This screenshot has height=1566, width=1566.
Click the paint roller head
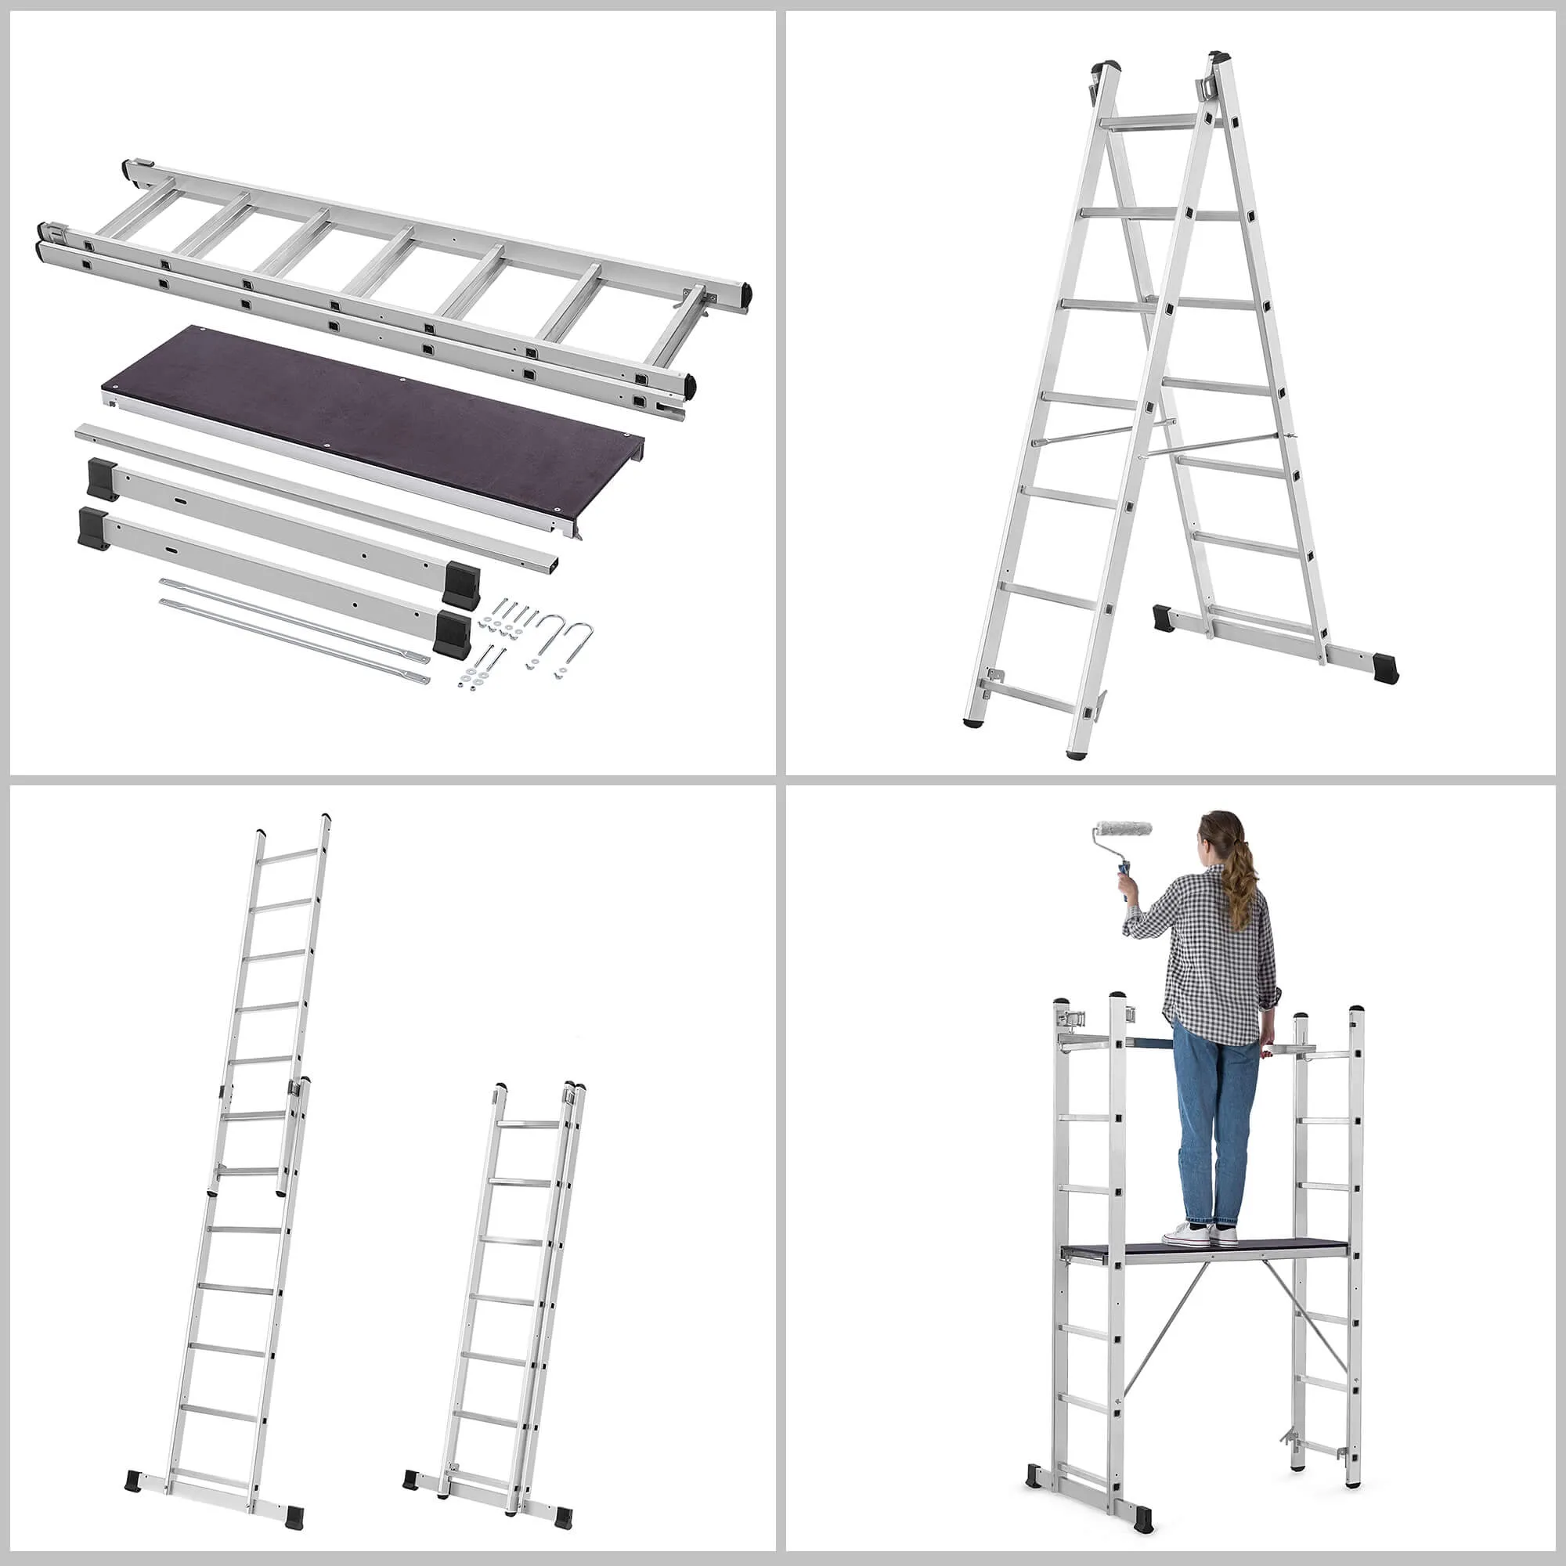click(x=1123, y=829)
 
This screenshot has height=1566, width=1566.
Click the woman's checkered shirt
click(x=1216, y=957)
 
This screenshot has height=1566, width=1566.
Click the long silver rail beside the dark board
click(x=316, y=494)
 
